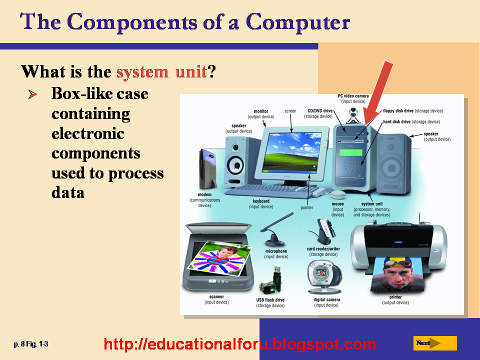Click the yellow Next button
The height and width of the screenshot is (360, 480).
coord(435,343)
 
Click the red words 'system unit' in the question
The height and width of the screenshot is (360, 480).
coord(161,72)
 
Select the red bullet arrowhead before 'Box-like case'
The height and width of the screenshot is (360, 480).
coord(33,94)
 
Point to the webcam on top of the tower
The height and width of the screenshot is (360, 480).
coord(353,115)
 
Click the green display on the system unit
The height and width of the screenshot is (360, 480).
coord(351,152)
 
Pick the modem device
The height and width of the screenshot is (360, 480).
coord(207,168)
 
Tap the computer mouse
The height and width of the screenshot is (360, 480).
coord(337,194)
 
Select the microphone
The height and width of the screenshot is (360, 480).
coord(275,230)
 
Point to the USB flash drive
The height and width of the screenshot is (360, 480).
coord(270,281)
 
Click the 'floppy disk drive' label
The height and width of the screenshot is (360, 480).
coord(398,111)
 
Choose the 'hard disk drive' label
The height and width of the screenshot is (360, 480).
coord(396,122)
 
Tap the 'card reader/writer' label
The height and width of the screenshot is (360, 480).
coord(323,249)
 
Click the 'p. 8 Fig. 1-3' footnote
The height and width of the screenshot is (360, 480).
coord(31,344)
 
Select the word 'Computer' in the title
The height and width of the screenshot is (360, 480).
coord(298,22)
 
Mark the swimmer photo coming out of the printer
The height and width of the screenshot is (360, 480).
coord(397,274)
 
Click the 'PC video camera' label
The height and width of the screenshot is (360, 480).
coord(353,96)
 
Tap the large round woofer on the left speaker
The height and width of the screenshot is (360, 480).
coord(235,165)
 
